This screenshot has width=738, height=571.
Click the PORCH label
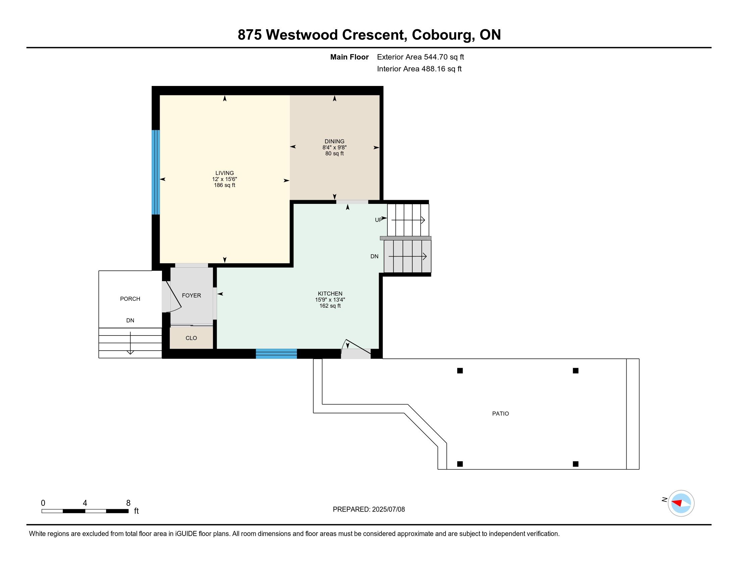[130, 299]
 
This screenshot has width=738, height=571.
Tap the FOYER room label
[191, 295]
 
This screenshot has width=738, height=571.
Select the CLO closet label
[191, 338]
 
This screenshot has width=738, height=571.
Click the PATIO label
[500, 413]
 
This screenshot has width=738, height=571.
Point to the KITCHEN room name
[330, 294]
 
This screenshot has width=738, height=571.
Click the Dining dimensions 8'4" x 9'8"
[334, 147]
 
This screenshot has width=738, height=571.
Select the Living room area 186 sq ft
[224, 185]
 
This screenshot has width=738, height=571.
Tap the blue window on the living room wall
[155, 172]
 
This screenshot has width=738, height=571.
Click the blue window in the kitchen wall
[276, 353]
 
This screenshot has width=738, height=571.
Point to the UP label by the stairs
[379, 220]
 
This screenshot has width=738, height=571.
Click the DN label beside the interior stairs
[374, 256]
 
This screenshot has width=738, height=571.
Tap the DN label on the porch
[130, 320]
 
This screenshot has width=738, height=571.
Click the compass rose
[681, 503]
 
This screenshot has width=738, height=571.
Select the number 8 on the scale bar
[128, 503]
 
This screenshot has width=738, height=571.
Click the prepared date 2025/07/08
[388, 510]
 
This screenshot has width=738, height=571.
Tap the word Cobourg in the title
[443, 35]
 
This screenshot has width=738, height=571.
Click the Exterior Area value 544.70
[436, 57]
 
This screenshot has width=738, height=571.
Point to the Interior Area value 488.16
[433, 69]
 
